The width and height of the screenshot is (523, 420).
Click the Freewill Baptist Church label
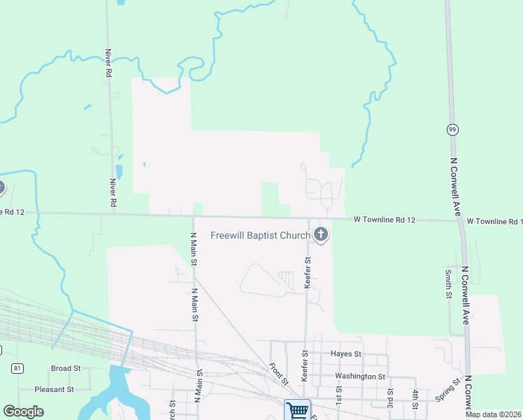pos(260,235)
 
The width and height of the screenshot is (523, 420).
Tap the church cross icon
pos(321,234)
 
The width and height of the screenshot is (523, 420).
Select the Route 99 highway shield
pos(452,129)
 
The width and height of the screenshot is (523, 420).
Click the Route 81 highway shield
pos(16,367)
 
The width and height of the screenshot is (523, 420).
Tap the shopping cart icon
pos(297,409)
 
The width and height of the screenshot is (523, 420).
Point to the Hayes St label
pos(346,355)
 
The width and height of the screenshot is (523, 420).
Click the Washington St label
pos(359,377)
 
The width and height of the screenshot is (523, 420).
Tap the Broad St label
pos(66,368)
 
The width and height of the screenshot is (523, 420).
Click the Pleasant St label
pos(56,389)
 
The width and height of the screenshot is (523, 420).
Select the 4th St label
pos(415,400)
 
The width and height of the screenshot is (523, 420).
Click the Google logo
pos(24,412)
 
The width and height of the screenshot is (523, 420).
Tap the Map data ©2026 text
pos(493,414)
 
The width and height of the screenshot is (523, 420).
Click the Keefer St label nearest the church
pos(307,272)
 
